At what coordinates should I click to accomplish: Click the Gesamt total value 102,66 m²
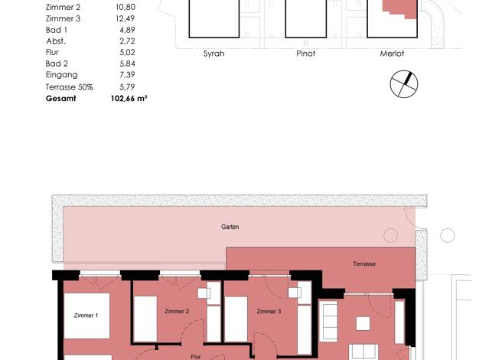[129, 99]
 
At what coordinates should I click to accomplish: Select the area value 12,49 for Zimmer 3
[125, 18]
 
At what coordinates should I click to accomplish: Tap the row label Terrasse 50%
[70, 87]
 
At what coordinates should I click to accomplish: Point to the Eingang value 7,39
[127, 74]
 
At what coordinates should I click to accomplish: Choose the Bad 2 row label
[57, 64]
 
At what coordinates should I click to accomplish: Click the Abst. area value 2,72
[127, 41]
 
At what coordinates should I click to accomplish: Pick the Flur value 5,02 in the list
[127, 52]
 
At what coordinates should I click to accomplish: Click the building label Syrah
[213, 54]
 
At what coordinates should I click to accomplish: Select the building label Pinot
[306, 54]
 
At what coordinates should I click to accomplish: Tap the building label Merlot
[392, 54]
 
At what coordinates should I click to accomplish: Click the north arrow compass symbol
[404, 84]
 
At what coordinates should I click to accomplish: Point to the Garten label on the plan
[230, 227]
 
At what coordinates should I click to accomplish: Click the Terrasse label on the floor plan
[364, 263]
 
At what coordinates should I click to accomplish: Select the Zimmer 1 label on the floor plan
[86, 316]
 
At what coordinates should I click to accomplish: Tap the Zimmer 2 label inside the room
[177, 312]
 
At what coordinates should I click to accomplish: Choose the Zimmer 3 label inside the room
[269, 312]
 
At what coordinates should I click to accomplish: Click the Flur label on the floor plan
[196, 357]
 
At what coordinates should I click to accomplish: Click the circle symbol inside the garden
[390, 235]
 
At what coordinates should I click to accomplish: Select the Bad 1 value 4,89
[127, 30]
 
